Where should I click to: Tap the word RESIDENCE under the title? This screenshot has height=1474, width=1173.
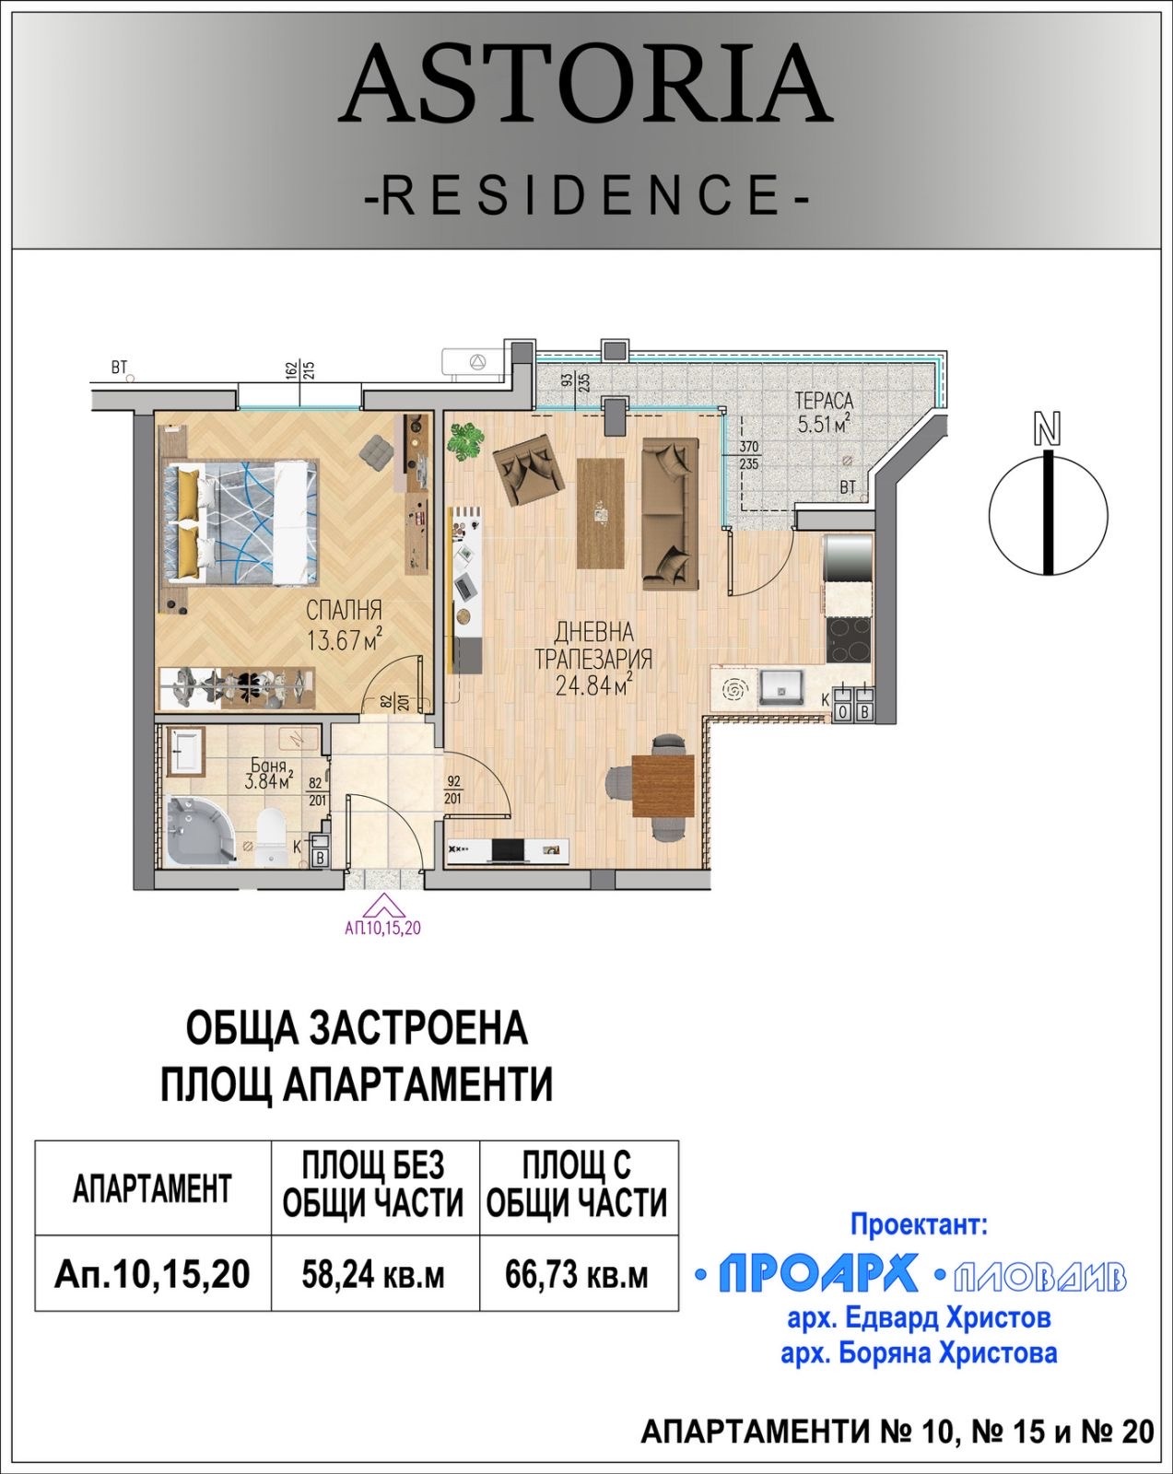pyautogui.click(x=586, y=194)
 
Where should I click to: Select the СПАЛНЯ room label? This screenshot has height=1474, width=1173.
pyautogui.click(x=344, y=611)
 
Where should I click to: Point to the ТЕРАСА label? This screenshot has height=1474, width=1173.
pyautogui.click(x=824, y=402)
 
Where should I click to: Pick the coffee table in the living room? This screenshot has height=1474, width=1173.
pyautogui.click(x=600, y=512)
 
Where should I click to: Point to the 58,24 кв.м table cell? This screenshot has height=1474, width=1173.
pyautogui.click(x=374, y=1275)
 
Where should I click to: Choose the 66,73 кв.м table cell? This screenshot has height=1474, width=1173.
pyautogui.click(x=577, y=1275)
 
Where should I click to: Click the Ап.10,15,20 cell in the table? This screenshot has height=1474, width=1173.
pyautogui.click(x=153, y=1275)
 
